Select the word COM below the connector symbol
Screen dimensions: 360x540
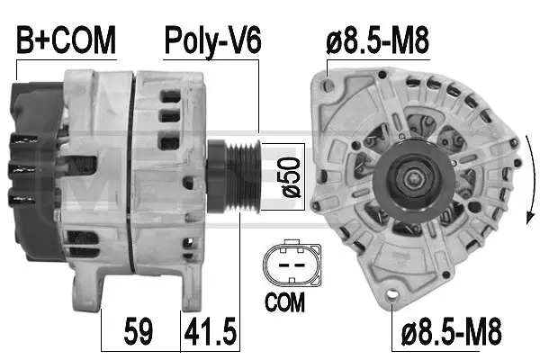pos(285,303)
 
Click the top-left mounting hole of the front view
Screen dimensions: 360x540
pos(329,86)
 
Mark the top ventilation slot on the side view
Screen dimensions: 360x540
pos(168,94)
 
